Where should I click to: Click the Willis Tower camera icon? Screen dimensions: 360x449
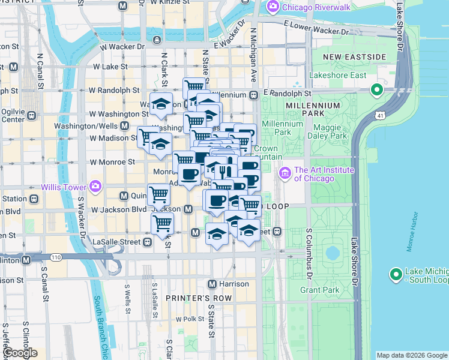(x=95, y=185)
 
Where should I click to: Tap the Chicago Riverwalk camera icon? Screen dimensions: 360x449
(x=273, y=7)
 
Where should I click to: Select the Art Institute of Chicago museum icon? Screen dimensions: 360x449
(x=285, y=173)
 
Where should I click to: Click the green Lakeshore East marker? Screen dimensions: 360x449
(x=377, y=91)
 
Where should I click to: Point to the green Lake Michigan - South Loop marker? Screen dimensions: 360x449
(x=396, y=275)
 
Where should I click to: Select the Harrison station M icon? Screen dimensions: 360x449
(x=211, y=284)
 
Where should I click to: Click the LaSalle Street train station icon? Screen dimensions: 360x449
(x=147, y=242)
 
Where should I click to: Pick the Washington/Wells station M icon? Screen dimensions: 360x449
(x=124, y=126)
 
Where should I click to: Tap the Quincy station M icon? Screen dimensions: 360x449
(x=124, y=196)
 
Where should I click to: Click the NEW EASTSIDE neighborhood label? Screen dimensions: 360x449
(x=354, y=57)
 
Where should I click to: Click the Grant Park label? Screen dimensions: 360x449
(x=316, y=290)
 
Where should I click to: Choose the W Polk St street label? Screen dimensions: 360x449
(x=190, y=319)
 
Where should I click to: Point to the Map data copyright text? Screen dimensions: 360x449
(x=411, y=355)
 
